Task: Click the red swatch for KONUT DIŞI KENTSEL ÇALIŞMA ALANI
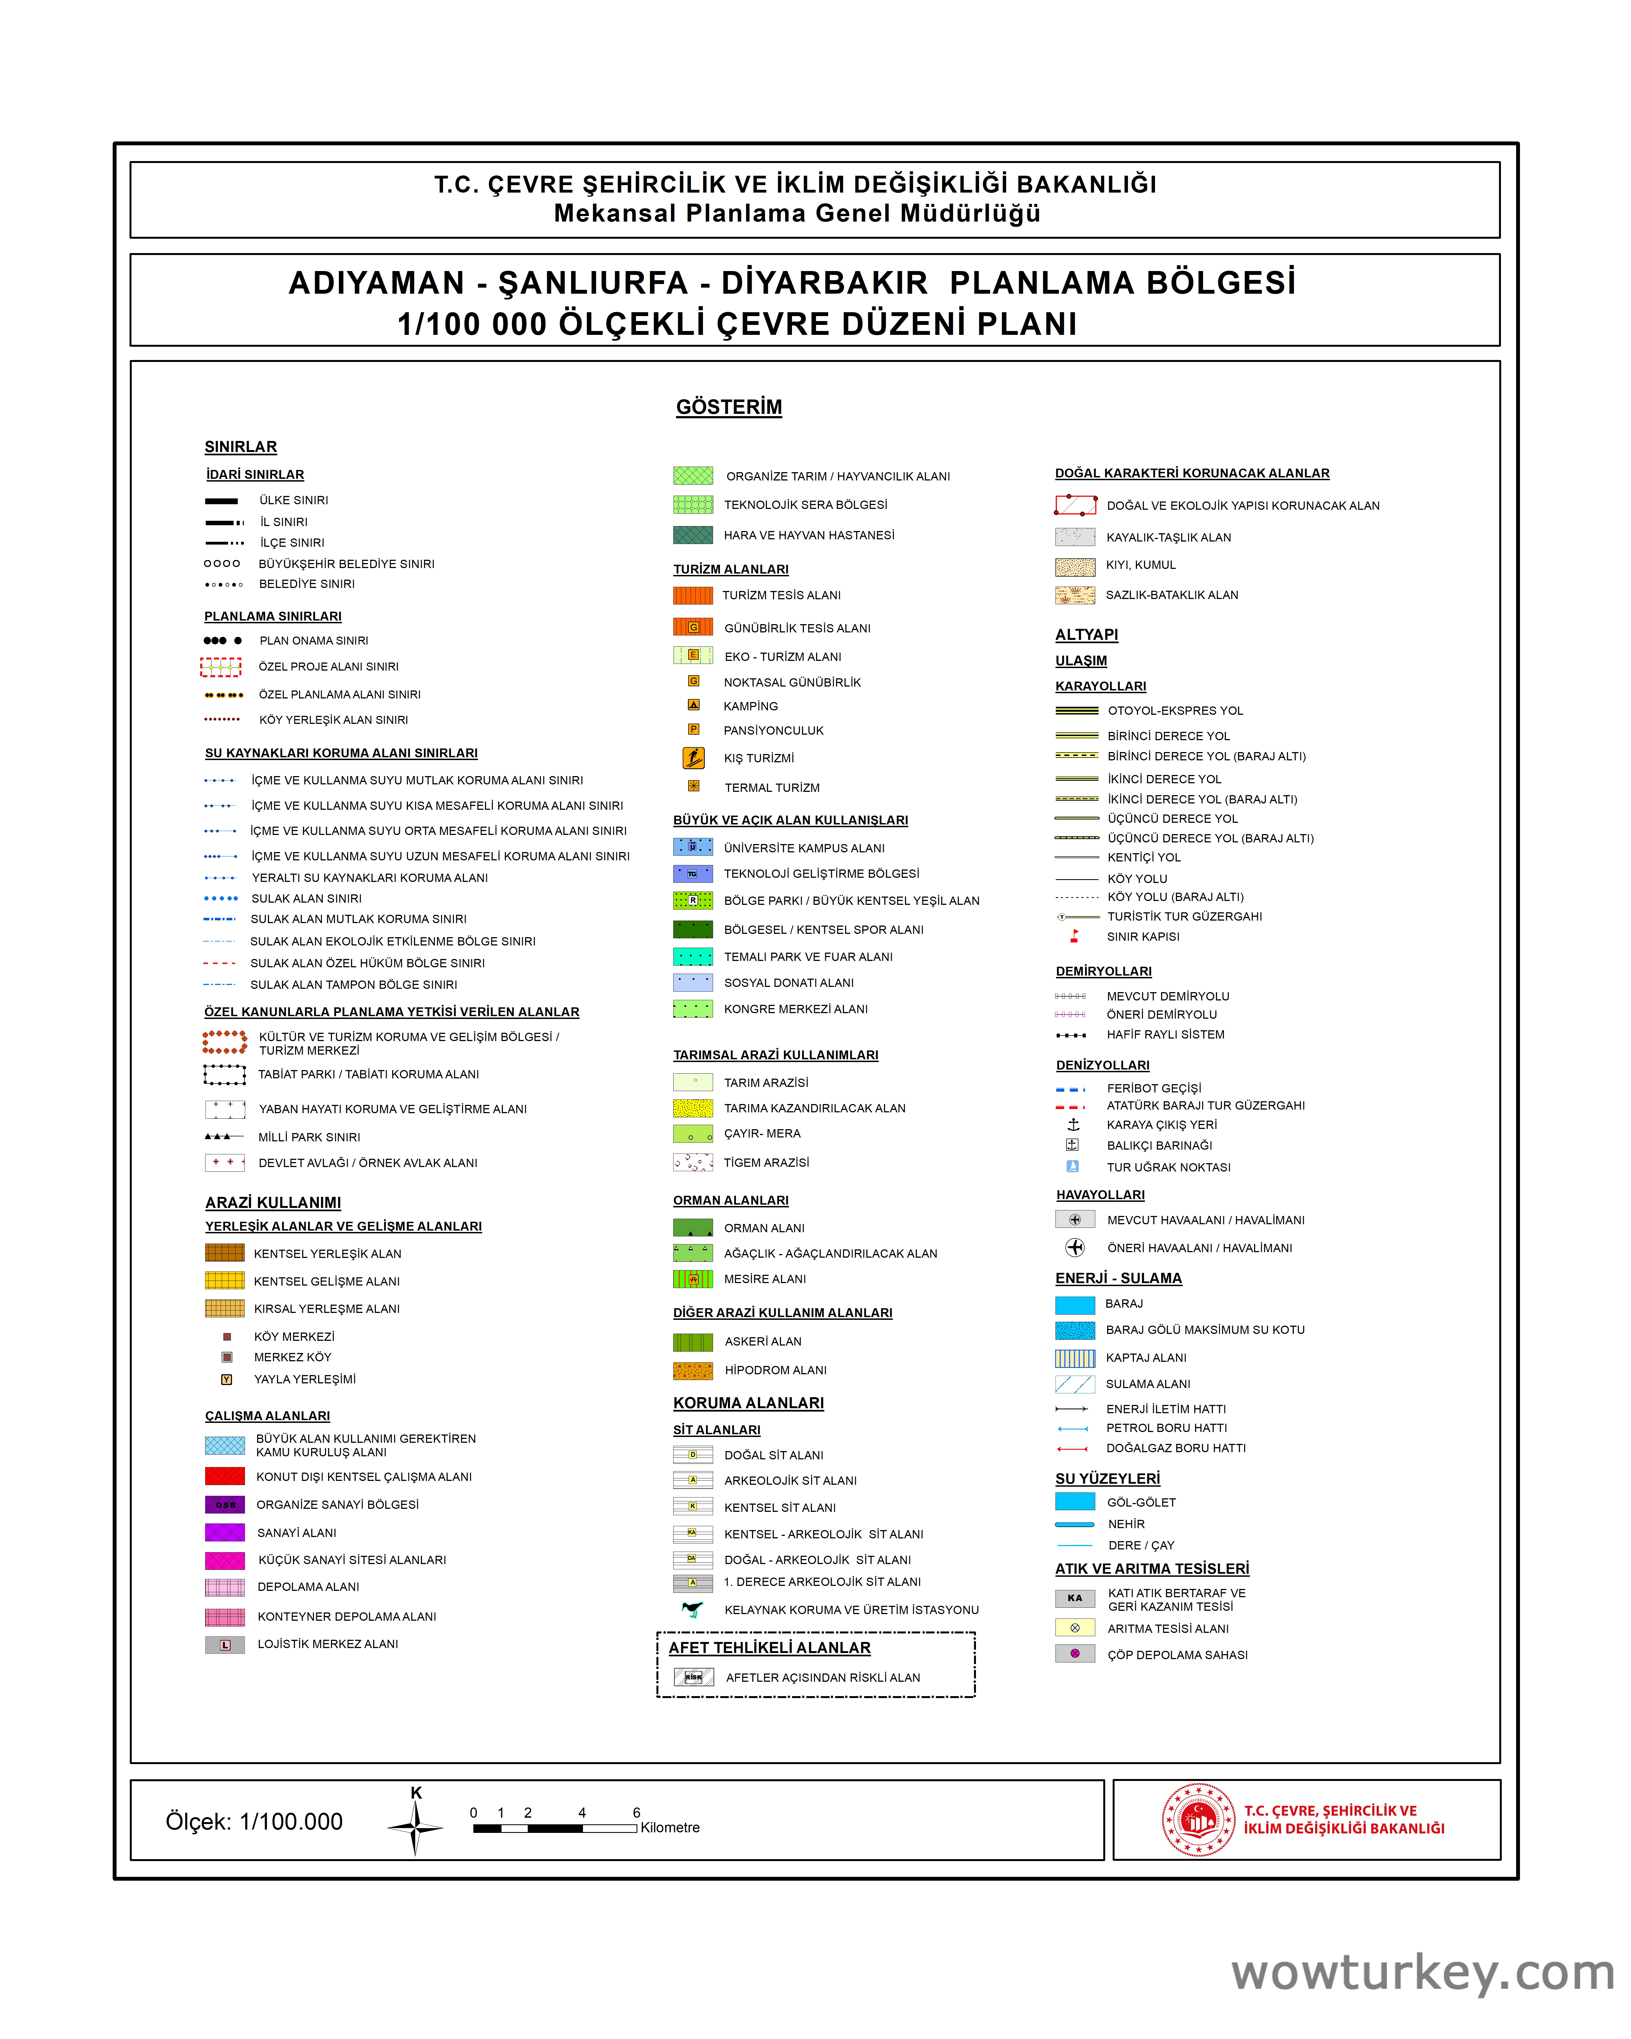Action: pyautogui.click(x=225, y=1476)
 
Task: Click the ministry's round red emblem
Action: pyautogui.click(x=1198, y=1820)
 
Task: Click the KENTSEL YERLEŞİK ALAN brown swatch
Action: pyautogui.click(x=225, y=1253)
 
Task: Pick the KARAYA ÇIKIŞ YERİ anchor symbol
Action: pyautogui.click(x=1073, y=1124)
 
